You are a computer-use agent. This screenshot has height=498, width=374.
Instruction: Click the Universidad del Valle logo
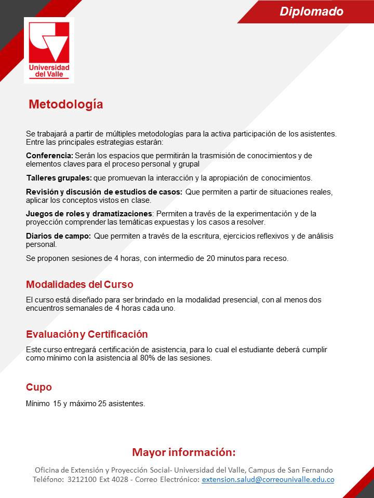(x=49, y=50)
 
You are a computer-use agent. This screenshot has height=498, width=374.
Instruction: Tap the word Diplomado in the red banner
(x=311, y=11)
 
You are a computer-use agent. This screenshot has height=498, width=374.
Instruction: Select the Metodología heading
(x=65, y=104)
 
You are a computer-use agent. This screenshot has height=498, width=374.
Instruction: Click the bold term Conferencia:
(x=49, y=156)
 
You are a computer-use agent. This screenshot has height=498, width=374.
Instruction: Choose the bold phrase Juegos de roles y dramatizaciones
(x=89, y=214)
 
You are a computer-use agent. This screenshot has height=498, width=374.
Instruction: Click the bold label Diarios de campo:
(x=58, y=236)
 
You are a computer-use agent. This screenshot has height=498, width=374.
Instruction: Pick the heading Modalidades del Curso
(x=79, y=285)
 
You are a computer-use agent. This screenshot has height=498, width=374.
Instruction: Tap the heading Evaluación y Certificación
(x=87, y=334)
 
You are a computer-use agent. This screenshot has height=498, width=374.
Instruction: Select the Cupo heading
(x=39, y=388)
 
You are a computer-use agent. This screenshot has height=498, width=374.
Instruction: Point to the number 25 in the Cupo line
(x=102, y=403)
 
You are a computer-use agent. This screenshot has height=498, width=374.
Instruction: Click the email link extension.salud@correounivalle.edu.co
(x=268, y=480)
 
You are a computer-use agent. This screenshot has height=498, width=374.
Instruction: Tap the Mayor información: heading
(x=183, y=452)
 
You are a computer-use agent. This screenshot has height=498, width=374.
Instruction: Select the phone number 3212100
(x=82, y=480)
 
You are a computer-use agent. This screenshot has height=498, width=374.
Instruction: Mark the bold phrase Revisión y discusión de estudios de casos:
(x=104, y=192)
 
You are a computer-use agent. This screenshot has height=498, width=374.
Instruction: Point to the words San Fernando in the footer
(x=312, y=470)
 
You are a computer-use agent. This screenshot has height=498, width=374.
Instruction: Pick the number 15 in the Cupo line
(x=57, y=403)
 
